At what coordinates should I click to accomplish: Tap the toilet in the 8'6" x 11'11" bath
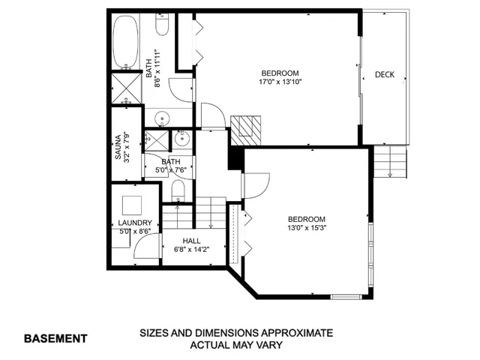pyautogui.click(x=163, y=27)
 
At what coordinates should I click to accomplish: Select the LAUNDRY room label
pyautogui.click(x=135, y=223)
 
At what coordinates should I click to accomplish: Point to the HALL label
pyautogui.click(x=190, y=241)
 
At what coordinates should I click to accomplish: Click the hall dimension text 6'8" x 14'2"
pyautogui.click(x=192, y=250)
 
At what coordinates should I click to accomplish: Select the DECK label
pyautogui.click(x=385, y=75)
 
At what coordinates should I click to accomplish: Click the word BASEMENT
pyautogui.click(x=55, y=338)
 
